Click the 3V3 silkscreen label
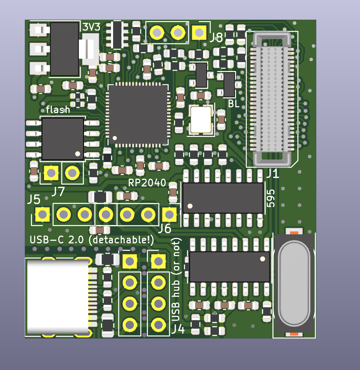click(x=91, y=27)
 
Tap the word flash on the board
click(x=58, y=110)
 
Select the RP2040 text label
click(x=147, y=183)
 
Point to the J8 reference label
click(x=216, y=37)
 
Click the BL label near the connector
click(x=233, y=104)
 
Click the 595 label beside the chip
click(x=271, y=198)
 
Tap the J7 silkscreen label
click(x=58, y=192)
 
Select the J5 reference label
click(x=34, y=200)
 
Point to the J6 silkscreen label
click(x=165, y=228)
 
